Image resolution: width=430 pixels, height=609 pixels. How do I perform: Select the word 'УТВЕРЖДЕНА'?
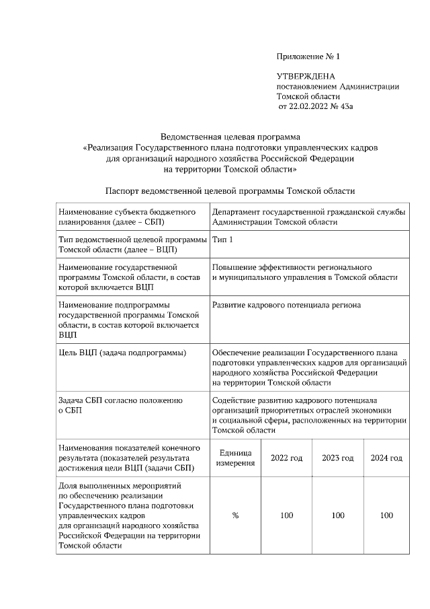pos(306,77)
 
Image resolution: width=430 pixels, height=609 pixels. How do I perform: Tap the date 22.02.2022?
pos(312,106)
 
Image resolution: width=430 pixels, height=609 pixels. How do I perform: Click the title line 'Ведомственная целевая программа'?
pos(230,137)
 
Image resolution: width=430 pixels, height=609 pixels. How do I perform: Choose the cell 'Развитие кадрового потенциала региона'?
pos(286,305)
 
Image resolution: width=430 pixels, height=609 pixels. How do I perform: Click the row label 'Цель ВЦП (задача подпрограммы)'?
pos(122,353)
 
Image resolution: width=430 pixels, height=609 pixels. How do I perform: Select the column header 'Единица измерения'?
pos(235,458)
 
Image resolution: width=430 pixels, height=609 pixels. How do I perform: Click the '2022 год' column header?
pos(286,458)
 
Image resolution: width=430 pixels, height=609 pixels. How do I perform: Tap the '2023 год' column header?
pos(338,458)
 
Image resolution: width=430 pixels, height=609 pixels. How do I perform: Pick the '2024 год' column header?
pos(386,458)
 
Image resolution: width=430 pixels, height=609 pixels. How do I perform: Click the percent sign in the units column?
pos(235,515)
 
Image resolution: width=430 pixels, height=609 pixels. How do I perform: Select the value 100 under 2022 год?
pos(286,515)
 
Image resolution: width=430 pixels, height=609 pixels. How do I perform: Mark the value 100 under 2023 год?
pos(338,515)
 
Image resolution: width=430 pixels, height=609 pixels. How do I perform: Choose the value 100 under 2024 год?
pos(386,515)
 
